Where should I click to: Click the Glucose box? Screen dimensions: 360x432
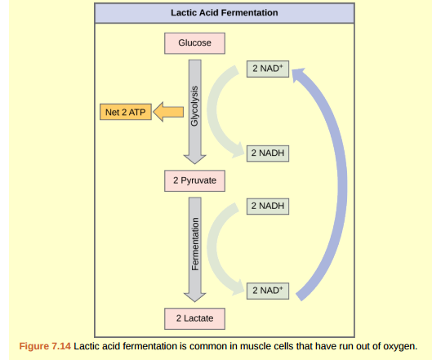(194, 42)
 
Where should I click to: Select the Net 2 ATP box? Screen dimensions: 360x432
(123, 112)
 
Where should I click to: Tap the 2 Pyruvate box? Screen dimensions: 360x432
(194, 180)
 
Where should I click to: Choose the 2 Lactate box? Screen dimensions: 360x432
(194, 317)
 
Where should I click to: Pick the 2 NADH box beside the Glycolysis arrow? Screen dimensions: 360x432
(268, 153)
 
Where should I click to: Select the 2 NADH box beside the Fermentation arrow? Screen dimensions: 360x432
(268, 206)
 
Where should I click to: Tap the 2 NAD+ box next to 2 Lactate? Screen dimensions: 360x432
(268, 290)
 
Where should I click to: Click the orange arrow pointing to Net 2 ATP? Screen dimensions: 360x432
(169, 112)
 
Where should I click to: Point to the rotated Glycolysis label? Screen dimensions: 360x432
(195, 107)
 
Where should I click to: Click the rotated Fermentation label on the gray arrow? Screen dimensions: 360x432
(195, 244)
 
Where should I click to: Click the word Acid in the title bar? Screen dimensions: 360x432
(212, 13)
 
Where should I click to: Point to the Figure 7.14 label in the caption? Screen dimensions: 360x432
(44, 345)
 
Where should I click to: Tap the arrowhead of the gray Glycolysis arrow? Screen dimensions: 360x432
(194, 158)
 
